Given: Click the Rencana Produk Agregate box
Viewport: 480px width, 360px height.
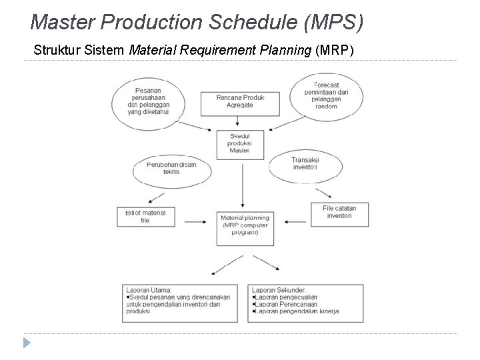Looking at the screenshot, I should pos(240,102).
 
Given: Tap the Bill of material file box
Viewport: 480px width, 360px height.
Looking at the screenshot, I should pos(145,216).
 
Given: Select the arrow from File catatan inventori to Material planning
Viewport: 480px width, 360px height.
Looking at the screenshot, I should pos(292,220).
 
